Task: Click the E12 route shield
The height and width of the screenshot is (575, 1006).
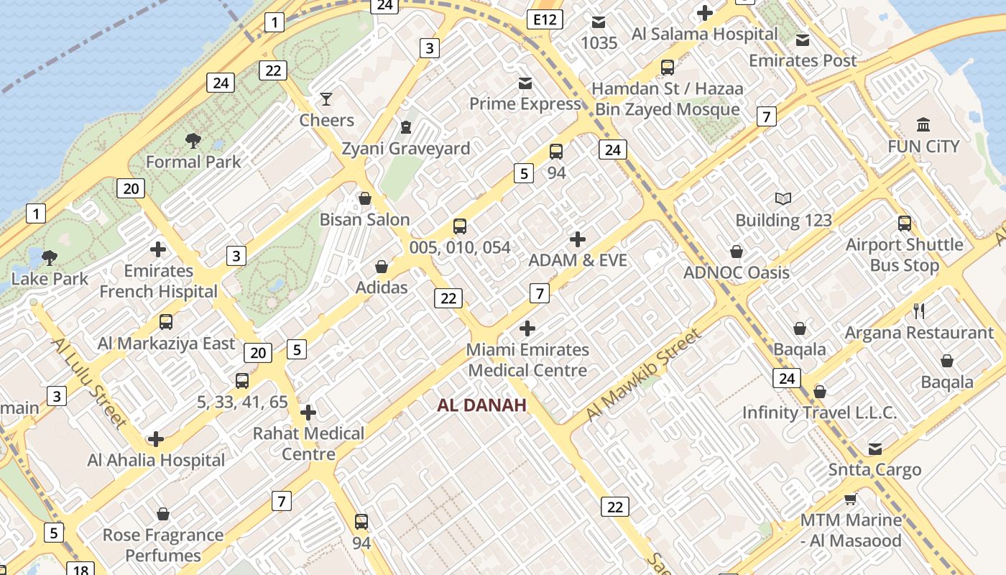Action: [544, 19]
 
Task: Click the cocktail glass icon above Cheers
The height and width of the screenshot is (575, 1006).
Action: [326, 98]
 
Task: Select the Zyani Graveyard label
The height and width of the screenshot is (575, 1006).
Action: [406, 149]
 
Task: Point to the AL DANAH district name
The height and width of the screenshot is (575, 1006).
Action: [481, 405]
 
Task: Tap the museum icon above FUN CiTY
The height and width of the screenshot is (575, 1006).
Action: [923, 124]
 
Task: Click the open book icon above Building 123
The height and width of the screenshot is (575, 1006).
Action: [783, 199]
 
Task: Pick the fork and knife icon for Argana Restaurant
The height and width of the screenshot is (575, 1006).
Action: [918, 311]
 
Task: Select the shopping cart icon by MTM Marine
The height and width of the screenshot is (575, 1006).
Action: [851, 499]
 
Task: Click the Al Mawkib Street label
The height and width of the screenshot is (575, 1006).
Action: [642, 375]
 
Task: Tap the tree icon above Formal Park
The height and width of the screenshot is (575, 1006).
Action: [193, 140]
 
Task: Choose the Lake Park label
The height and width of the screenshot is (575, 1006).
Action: [50, 279]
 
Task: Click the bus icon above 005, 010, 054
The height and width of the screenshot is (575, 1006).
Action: [460, 226]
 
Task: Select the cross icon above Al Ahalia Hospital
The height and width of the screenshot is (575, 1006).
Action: [156, 439]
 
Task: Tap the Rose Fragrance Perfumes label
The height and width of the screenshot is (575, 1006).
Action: [163, 545]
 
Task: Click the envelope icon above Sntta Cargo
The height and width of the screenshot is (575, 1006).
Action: [875, 449]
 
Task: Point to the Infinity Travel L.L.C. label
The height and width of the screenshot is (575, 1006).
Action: [819, 413]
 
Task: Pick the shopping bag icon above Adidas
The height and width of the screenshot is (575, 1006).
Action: [382, 267]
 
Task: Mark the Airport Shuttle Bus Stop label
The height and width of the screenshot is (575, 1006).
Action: [904, 255]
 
